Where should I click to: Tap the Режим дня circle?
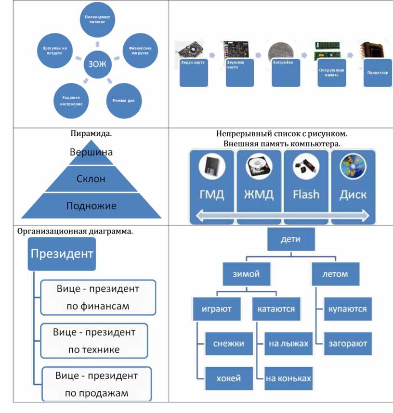[x=124, y=101]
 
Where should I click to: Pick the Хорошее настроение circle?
[x=72, y=101]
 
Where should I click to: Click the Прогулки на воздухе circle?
[x=54, y=50]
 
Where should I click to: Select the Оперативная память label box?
[x=331, y=73]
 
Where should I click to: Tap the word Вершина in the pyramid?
[x=91, y=153]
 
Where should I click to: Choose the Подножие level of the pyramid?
[x=91, y=206]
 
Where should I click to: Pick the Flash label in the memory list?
[x=306, y=194]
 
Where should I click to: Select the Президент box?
[x=62, y=254]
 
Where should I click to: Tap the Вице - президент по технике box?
[x=94, y=341]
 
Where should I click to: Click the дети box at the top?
[x=291, y=239]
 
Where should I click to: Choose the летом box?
[x=335, y=274]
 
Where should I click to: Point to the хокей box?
[x=228, y=378]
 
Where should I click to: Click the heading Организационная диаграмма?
[x=75, y=231]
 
